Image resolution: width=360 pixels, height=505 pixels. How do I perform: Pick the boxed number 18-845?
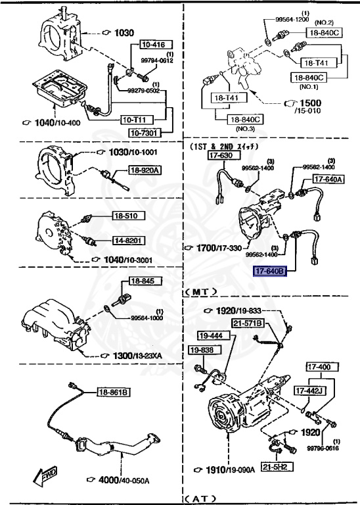(x=142, y=281)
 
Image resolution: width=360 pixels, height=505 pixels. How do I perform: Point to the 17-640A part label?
(x=328, y=179)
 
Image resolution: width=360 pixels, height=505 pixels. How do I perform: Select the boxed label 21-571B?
(x=247, y=323)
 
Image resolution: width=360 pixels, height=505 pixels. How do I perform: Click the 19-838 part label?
(x=202, y=350)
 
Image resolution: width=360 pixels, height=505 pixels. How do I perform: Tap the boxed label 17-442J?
(x=309, y=391)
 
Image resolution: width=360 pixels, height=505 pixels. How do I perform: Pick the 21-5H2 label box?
(x=277, y=468)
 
